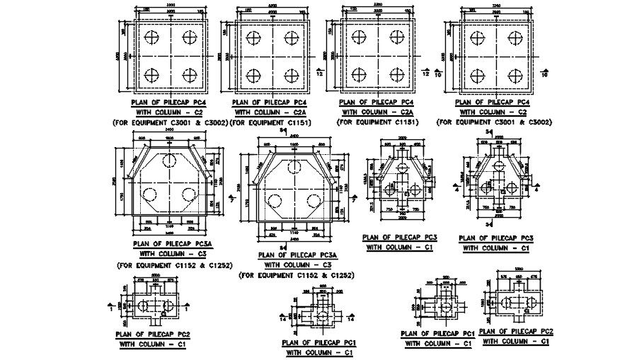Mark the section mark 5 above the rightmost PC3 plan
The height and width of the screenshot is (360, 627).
490,133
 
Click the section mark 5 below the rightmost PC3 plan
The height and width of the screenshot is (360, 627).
490,223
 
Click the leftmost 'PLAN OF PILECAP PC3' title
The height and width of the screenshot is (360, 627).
399,237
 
